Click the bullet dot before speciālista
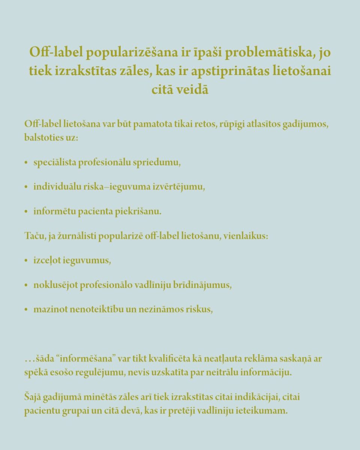tap(26, 163)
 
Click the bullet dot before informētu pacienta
tap(26, 211)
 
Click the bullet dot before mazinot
tap(26, 310)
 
